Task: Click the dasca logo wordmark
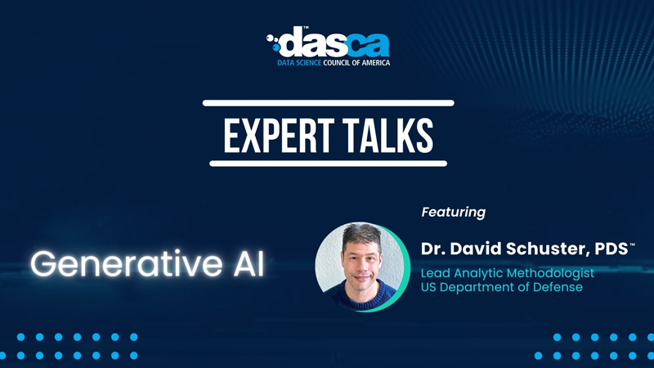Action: click(x=328, y=43)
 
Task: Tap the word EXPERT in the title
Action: click(x=279, y=136)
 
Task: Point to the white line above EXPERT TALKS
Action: click(x=329, y=103)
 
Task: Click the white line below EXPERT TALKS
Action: click(x=329, y=164)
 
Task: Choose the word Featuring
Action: click(x=454, y=213)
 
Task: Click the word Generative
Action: click(x=127, y=263)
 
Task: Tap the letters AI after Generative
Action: click(x=249, y=263)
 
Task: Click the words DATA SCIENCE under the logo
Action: click(x=299, y=63)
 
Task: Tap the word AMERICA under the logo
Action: click(x=375, y=63)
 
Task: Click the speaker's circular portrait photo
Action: click(x=362, y=267)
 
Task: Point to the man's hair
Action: click(x=361, y=235)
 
